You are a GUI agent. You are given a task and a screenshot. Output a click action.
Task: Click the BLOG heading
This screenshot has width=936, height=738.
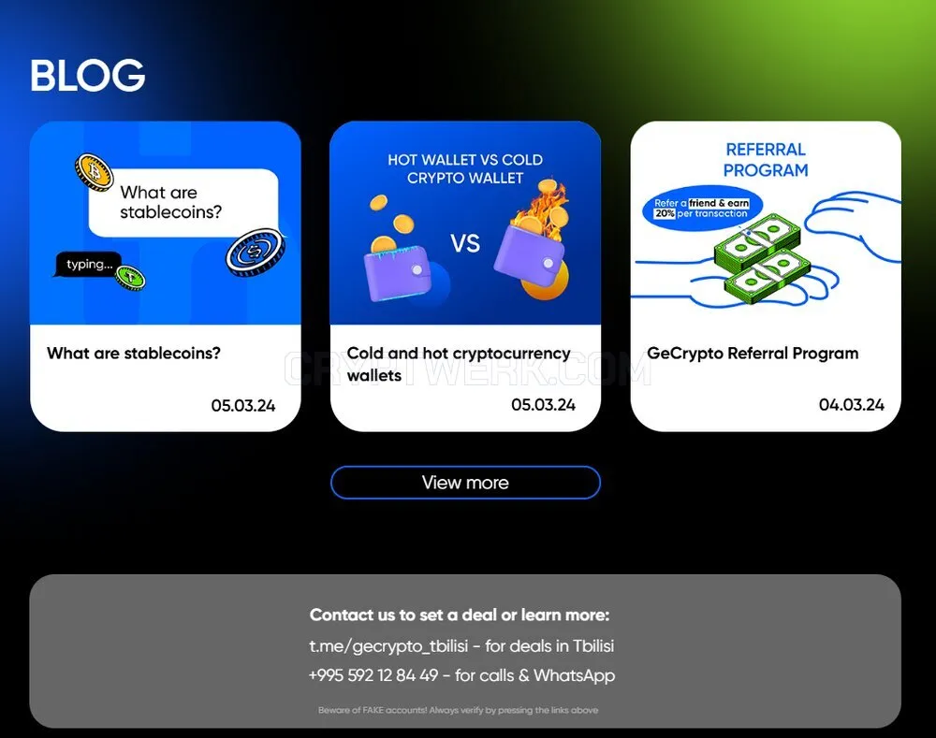[88, 75]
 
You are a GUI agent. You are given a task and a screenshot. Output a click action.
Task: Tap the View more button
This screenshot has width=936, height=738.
[465, 482]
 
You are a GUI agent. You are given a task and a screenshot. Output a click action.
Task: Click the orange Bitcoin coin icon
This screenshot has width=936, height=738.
[95, 172]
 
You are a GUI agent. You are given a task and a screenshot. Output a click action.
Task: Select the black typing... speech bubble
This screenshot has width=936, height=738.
[88, 265]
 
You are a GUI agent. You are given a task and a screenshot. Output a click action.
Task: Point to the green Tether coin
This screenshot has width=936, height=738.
[130, 278]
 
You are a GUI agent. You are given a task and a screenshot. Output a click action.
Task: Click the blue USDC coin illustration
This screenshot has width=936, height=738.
[255, 253]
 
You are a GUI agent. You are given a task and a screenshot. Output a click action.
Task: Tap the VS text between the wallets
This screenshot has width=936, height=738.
[465, 243]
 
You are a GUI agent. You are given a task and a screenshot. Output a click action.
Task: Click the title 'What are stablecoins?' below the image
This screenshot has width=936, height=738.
[134, 354]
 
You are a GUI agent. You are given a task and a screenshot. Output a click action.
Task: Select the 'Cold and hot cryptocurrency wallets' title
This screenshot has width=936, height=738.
[459, 364]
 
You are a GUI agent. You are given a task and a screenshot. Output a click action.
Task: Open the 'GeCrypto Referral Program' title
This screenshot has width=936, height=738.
[753, 354]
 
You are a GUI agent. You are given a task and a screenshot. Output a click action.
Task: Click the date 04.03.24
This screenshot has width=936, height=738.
[851, 404]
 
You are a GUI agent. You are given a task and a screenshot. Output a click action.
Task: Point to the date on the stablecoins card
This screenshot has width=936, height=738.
[243, 406]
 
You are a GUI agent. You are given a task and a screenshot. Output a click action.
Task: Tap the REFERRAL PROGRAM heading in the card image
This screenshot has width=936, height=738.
[766, 160]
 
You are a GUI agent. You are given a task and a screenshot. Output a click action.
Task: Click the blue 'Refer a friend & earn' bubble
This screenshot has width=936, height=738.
[702, 209]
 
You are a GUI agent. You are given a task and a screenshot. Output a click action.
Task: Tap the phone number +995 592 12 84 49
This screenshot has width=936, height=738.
[373, 675]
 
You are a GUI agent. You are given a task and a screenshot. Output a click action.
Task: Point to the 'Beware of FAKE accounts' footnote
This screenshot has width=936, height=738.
[459, 710]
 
